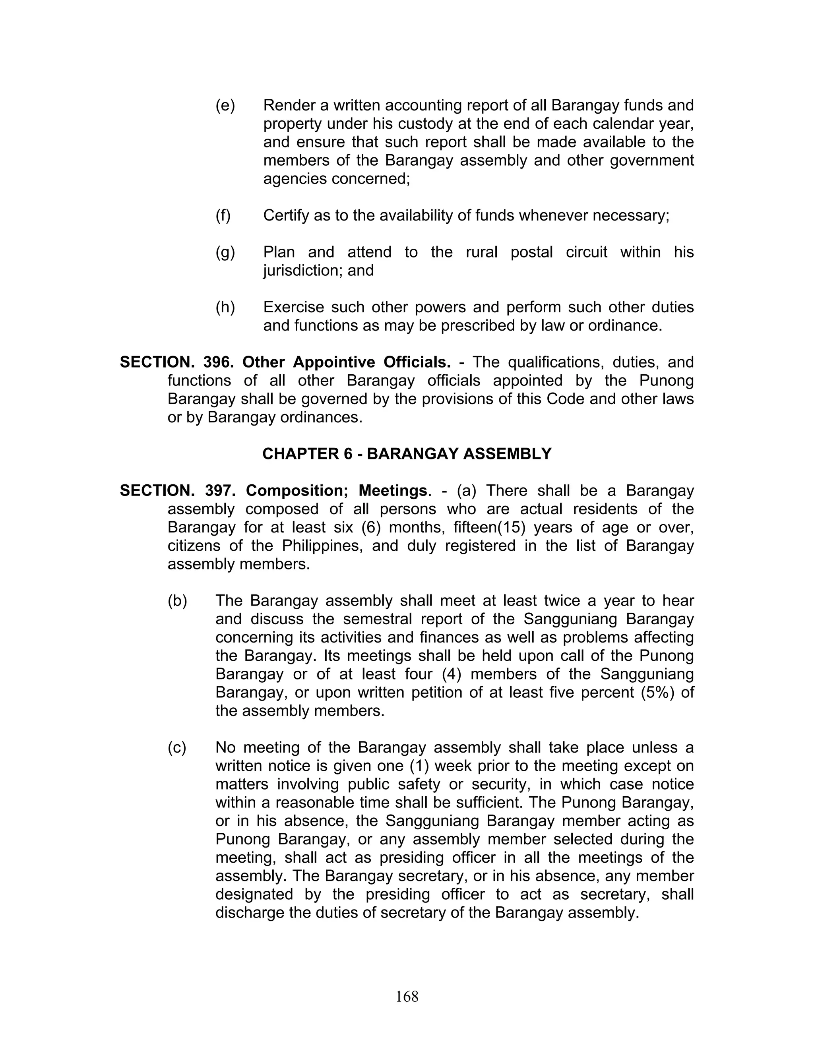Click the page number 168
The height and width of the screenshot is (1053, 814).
pos(407,996)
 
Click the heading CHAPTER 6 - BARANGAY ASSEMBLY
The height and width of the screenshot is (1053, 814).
pos(407,454)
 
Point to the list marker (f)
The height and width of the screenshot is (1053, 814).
pos(223,215)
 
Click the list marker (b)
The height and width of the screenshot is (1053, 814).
pos(177,601)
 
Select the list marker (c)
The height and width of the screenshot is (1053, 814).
pos(176,747)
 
